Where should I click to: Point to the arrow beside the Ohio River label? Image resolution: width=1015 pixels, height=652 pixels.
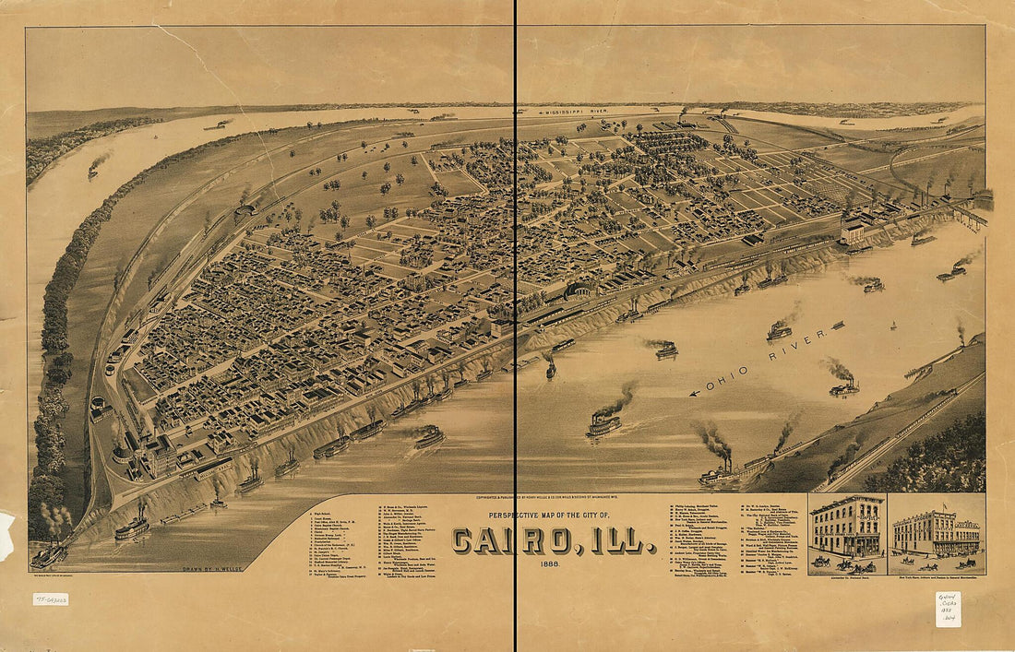tap(698, 392)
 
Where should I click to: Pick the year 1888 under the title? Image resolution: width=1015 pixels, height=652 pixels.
tap(555, 564)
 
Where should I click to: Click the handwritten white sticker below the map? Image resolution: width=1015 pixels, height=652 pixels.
tap(948, 610)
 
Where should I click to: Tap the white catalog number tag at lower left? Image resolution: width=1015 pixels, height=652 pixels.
tap(50, 599)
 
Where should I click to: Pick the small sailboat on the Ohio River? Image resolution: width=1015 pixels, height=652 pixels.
tap(892, 326)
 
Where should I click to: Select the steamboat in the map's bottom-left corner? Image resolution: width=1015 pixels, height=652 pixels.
tap(49, 554)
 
